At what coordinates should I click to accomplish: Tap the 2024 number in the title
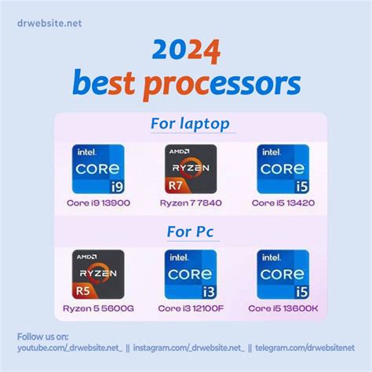coord(185,51)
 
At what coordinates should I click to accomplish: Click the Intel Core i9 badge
coord(98,170)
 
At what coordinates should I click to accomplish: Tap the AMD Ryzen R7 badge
coord(190,170)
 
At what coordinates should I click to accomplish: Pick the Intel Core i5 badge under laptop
coord(283,170)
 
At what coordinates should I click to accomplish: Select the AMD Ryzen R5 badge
coord(98,275)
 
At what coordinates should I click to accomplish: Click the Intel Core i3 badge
coord(190,275)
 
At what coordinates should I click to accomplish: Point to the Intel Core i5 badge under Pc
coord(283,275)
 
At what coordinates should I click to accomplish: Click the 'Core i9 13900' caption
coord(98,202)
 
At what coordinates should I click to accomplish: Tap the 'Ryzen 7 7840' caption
coord(190,202)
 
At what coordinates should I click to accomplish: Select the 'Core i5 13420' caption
coord(283,202)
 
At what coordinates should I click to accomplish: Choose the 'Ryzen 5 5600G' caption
coord(98,308)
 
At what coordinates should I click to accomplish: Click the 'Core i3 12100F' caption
coord(190,308)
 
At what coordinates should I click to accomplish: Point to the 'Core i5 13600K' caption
coord(283,308)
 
